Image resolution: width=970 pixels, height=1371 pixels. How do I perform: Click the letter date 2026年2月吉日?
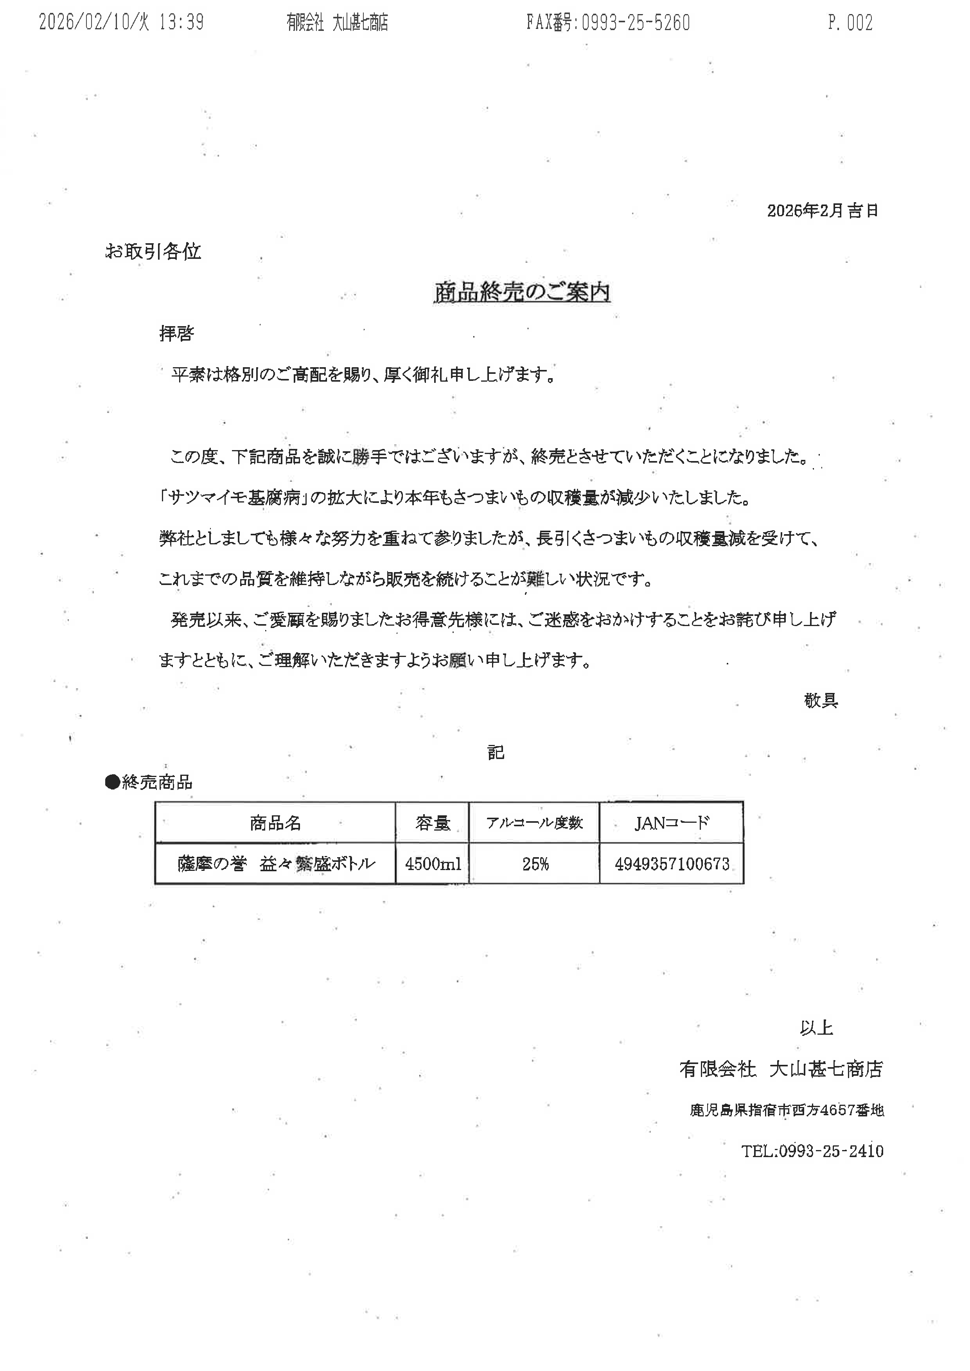[823, 210]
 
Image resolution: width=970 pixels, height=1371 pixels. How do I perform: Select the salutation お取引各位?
[153, 251]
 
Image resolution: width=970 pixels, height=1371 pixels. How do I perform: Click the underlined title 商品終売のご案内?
[521, 292]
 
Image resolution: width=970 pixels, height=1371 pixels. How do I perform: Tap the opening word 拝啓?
[177, 333]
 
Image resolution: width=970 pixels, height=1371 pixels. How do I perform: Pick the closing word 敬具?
[821, 700]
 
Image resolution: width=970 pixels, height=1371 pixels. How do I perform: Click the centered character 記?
[496, 752]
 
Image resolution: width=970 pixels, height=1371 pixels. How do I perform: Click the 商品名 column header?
[275, 823]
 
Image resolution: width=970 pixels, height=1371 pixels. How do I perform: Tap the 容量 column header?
[433, 823]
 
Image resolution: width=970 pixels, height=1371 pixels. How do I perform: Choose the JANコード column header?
[671, 823]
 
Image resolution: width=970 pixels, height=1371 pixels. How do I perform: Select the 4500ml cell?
[433, 863]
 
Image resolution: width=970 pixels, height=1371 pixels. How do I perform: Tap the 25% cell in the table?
[535, 863]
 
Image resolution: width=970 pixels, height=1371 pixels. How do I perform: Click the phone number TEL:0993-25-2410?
[812, 1151]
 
